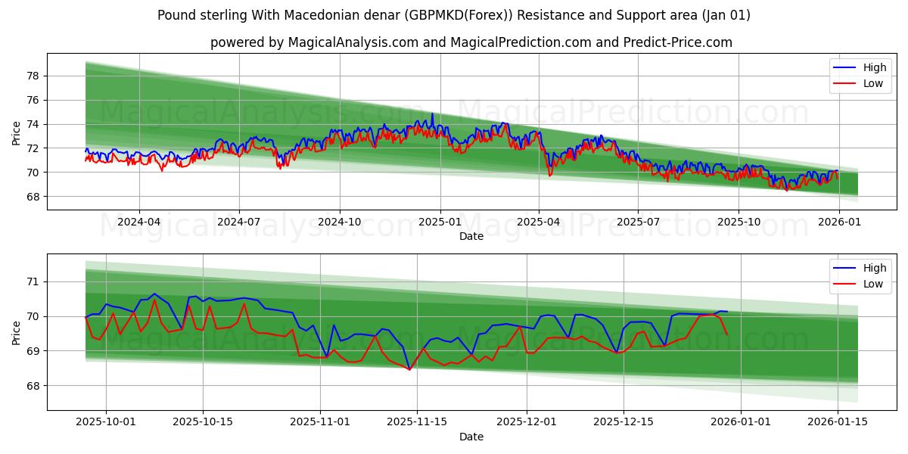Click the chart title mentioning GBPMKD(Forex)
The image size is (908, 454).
click(x=453, y=15)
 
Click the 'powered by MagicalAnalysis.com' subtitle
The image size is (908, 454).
click(x=471, y=42)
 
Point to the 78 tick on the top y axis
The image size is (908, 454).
click(x=33, y=76)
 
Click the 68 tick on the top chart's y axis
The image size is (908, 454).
click(x=33, y=197)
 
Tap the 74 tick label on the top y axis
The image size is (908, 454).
click(x=33, y=124)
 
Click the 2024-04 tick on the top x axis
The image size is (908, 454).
click(x=139, y=222)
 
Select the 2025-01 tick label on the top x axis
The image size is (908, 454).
click(x=440, y=222)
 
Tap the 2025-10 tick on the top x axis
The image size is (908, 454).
click(x=739, y=222)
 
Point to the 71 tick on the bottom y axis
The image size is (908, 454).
click(x=33, y=281)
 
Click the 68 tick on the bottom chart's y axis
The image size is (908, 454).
click(x=33, y=386)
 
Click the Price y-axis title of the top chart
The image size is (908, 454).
click(x=17, y=132)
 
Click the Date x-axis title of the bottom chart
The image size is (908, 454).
click(x=471, y=437)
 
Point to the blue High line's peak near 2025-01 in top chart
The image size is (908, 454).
click(x=432, y=114)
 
